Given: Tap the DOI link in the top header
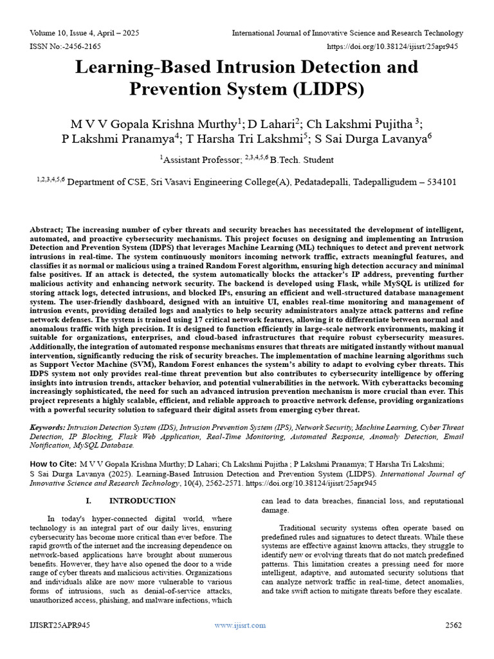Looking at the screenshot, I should [396, 47].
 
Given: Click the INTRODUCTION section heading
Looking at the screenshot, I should [142, 500].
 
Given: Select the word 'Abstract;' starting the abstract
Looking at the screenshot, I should [47, 230].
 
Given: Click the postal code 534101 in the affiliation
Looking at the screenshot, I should [441, 182].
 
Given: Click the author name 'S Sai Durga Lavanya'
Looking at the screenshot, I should [372, 139].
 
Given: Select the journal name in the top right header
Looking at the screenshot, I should [347, 33].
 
